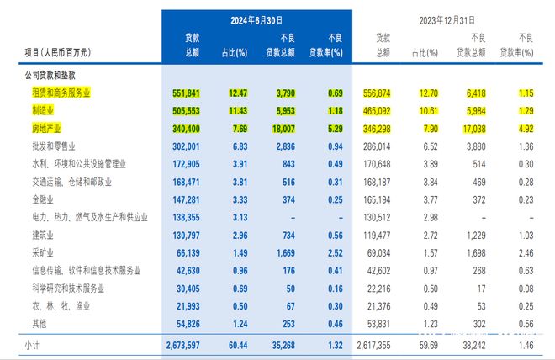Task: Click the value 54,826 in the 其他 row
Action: pyautogui.click(x=187, y=323)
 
